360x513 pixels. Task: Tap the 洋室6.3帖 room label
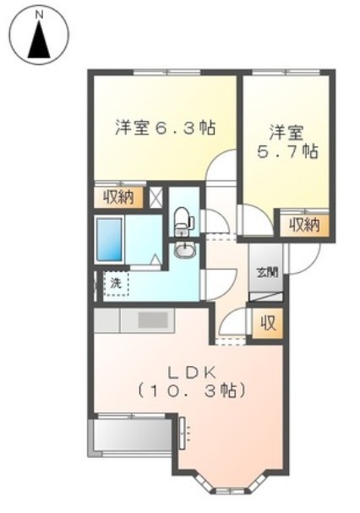coord(165,128)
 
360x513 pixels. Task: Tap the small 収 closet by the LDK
coord(268,322)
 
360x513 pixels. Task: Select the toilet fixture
coord(183,221)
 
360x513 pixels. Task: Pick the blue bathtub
coord(109,239)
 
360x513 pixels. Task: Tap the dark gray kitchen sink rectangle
coord(153,319)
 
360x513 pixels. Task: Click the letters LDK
coord(192,371)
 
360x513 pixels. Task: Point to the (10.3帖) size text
coord(192,391)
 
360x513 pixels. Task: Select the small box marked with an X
coord(155,198)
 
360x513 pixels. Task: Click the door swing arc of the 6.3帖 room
coord(221,166)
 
